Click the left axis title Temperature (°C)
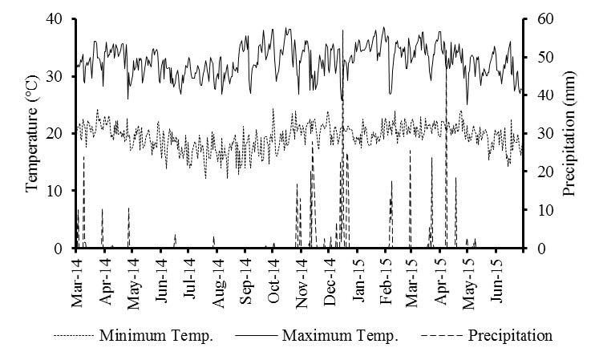pos(33,133)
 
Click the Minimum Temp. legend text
pos(156,336)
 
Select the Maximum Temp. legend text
pos(340,336)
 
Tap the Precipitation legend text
pos(510,336)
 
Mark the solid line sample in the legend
pos(257,336)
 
